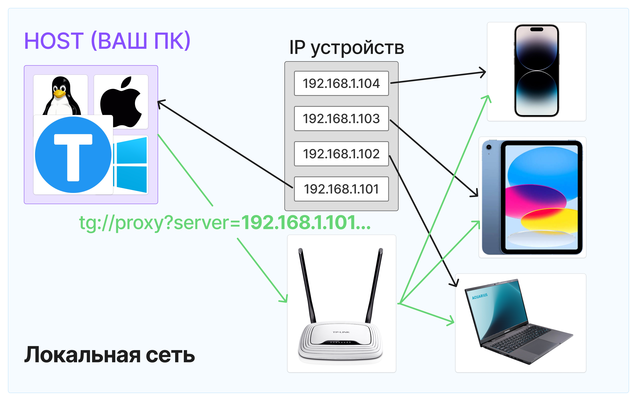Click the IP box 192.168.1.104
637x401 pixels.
pos(341,83)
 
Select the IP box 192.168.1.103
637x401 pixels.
pos(341,118)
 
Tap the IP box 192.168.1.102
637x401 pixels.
pos(341,154)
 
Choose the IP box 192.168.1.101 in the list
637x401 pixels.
pos(341,189)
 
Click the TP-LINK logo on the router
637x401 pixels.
pos(341,332)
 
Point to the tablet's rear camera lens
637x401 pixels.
pos(489,147)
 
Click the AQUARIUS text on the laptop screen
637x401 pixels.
pos(480,296)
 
